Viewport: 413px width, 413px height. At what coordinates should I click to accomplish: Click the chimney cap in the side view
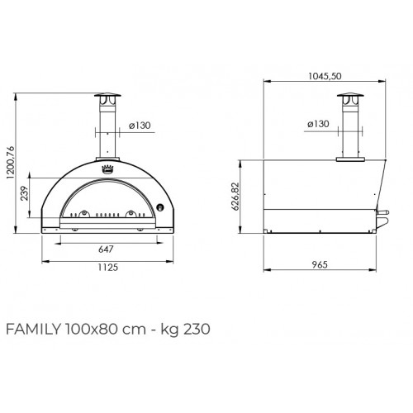pyautogui.click(x=349, y=98)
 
